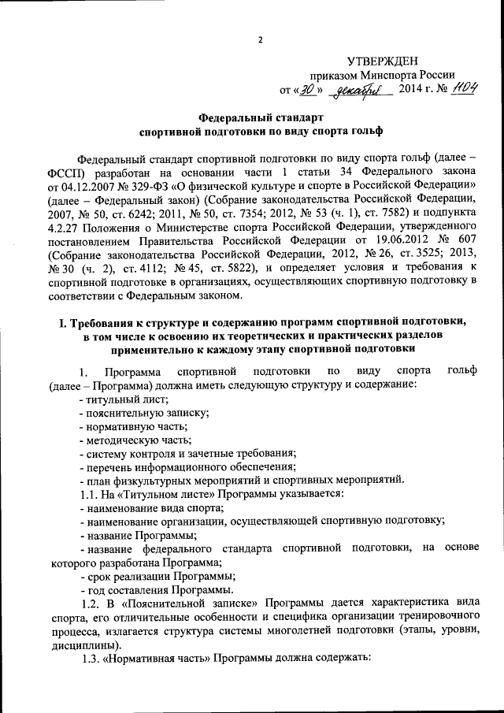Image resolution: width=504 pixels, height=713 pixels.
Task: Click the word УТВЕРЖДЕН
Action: (388, 61)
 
